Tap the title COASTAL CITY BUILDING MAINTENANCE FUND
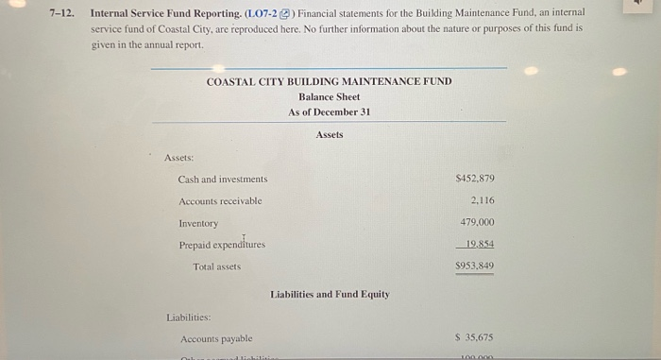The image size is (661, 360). coord(329,81)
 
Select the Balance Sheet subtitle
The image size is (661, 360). coord(329,96)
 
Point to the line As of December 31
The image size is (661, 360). coord(329,111)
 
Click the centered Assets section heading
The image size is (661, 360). coord(329,135)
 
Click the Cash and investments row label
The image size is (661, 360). coord(223,179)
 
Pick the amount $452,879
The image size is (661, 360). coord(475,178)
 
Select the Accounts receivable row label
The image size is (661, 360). coord(220,201)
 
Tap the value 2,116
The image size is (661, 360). coord(482,200)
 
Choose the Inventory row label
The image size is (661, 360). coord(198,223)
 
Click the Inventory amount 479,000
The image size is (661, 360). coord(478,222)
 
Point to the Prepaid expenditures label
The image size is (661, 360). coord(222,245)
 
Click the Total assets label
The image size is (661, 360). coord(216,266)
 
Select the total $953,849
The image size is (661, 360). coord(475,266)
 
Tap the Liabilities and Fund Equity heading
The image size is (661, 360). coord(330,295)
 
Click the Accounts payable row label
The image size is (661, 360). coord(216,338)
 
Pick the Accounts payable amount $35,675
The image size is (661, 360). coord(475,337)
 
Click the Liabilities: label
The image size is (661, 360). coord(188,317)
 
